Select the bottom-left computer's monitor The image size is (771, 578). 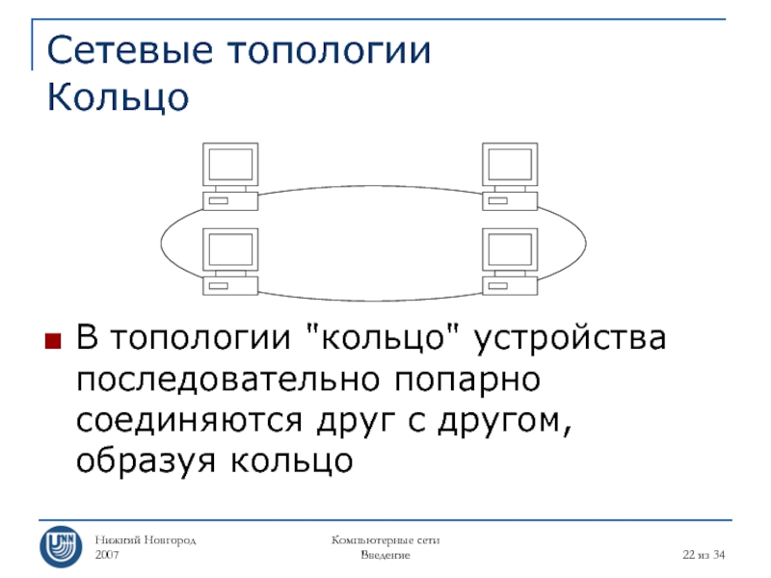230,250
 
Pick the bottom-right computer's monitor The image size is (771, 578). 509,250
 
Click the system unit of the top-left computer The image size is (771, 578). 230,200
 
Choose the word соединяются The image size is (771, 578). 187,421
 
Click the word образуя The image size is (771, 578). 145,462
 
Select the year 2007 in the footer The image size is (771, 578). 109,557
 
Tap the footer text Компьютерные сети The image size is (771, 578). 385,541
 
